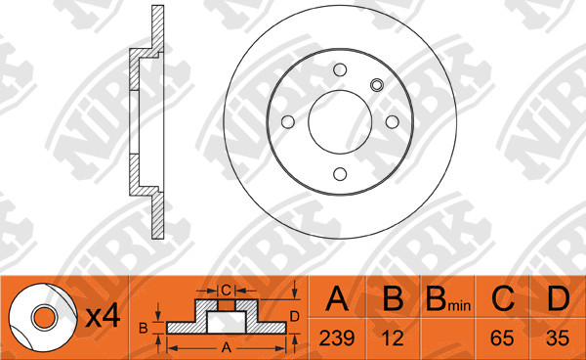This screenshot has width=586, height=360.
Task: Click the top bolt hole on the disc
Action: [x=340, y=70]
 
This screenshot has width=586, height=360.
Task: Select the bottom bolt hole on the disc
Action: [x=340, y=174]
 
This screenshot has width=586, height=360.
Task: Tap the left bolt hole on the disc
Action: [x=288, y=122]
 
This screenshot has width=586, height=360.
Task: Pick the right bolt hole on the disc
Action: [x=392, y=122]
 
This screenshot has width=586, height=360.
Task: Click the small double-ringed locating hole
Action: [x=377, y=85]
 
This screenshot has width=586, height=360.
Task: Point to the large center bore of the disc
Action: [x=340, y=121]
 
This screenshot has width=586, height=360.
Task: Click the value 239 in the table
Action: [x=337, y=338]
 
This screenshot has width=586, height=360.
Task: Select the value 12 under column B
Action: [x=393, y=338]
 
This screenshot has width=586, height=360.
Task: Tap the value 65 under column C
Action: [x=502, y=338]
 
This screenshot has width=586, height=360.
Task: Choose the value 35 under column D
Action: [x=558, y=338]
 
